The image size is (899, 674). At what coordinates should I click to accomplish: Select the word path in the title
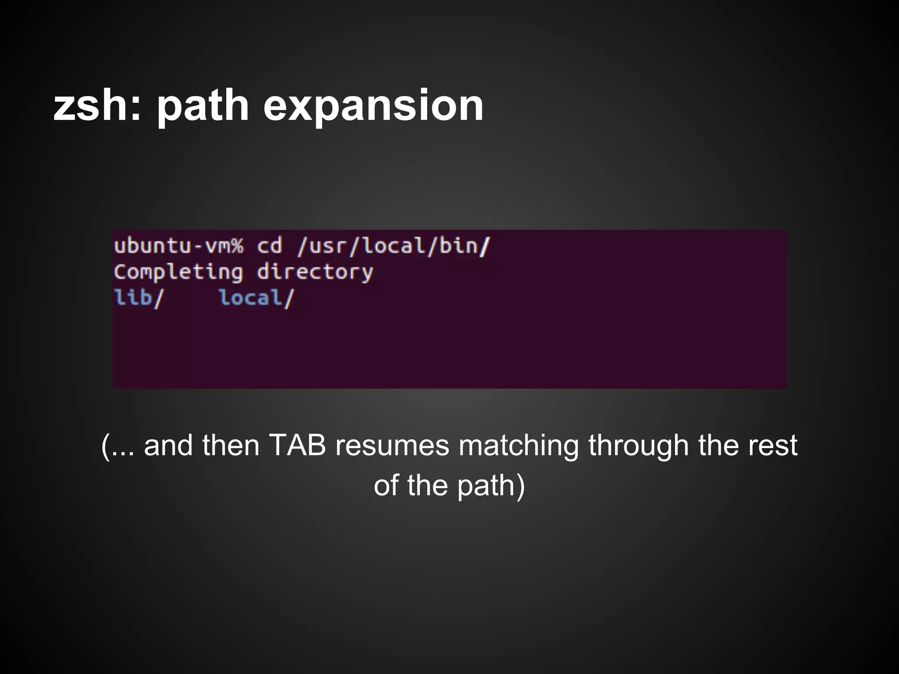(x=203, y=106)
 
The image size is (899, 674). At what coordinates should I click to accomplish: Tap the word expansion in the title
(x=373, y=106)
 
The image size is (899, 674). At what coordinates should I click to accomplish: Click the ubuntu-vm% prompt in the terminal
(x=178, y=246)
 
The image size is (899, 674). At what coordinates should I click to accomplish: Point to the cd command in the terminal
(x=269, y=246)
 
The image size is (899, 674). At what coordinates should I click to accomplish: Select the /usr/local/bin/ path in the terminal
(x=393, y=246)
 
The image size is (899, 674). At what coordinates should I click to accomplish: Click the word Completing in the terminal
(x=178, y=272)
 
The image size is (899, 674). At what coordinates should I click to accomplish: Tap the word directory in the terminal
(x=315, y=272)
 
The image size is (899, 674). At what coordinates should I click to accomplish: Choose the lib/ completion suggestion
(x=138, y=298)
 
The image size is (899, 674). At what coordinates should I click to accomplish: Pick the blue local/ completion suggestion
(x=256, y=298)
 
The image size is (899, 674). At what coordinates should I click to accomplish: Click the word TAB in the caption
(x=297, y=445)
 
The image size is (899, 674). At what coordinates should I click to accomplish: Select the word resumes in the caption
(x=392, y=445)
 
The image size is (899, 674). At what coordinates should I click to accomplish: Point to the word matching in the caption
(x=518, y=445)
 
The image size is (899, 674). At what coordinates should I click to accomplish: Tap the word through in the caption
(x=638, y=445)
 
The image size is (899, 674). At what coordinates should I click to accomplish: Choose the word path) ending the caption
(x=491, y=486)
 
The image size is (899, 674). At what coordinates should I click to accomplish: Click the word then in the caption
(x=231, y=445)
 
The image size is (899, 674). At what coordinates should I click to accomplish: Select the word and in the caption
(x=168, y=445)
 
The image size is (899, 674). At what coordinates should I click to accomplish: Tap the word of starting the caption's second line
(x=386, y=486)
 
